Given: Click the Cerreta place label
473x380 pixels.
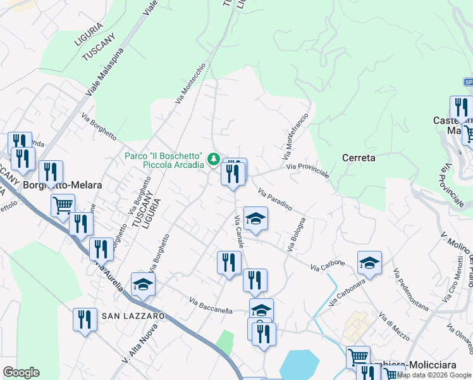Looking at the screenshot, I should (359, 158).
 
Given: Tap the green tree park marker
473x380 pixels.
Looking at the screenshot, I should (214, 158).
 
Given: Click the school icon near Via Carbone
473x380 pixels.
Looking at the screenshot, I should (369, 262).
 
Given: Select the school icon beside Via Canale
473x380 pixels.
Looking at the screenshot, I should (255, 218).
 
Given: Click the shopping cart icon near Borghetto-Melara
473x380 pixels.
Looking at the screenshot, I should (63, 204).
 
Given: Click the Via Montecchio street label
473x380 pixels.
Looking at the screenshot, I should (191, 82).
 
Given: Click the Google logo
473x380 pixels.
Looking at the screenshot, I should (21, 372).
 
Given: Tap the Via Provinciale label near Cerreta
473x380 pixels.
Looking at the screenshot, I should (308, 171).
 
